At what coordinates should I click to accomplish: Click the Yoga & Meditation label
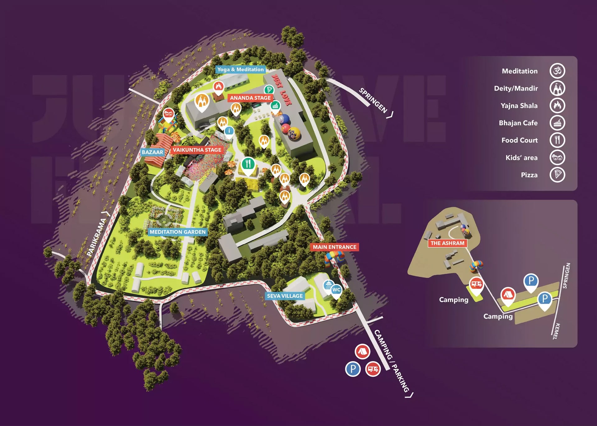(240, 69)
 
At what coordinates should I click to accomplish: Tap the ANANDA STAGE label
(250, 98)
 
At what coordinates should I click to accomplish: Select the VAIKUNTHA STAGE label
(197, 150)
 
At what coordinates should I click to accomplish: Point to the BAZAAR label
(152, 152)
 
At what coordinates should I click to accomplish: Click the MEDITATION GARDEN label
(178, 232)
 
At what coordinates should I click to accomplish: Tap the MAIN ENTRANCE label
(335, 247)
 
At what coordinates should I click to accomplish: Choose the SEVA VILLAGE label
(285, 296)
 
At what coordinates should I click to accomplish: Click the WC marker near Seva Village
(336, 290)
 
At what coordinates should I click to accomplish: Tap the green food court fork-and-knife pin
(248, 164)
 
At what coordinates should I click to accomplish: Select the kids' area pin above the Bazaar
(169, 114)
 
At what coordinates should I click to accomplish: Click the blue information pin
(229, 131)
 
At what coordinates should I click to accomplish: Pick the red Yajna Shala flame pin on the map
(219, 87)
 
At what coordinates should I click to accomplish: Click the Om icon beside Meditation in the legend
(557, 71)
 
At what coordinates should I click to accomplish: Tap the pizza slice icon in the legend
(557, 175)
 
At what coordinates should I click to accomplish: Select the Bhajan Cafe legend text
(518, 123)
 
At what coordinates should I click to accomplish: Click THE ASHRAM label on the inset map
(447, 243)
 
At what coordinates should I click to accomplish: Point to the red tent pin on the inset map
(507, 295)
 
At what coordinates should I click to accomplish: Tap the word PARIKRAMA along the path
(96, 237)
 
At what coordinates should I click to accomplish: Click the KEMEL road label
(556, 331)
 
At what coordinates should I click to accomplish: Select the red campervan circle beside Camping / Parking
(373, 369)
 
